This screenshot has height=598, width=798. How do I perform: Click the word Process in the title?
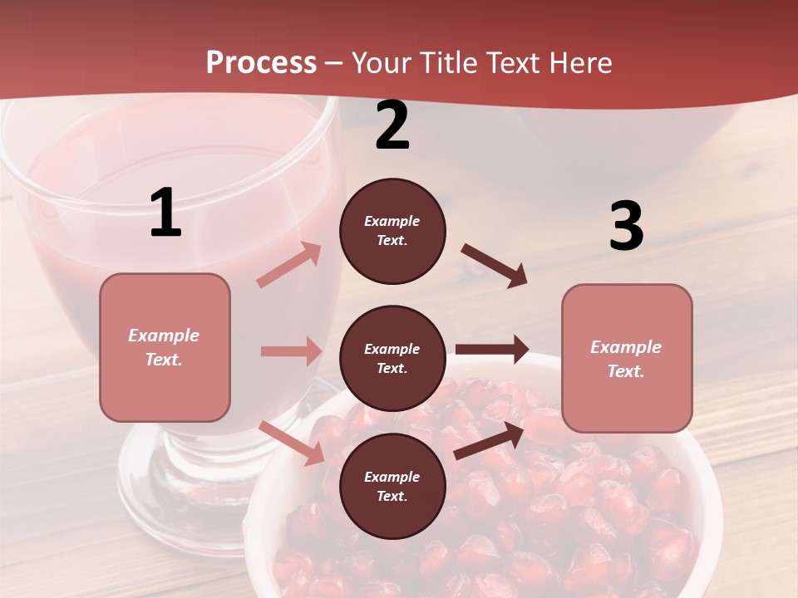[261, 62]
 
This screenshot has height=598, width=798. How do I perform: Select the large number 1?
[165, 213]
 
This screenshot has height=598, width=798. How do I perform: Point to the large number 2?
[392, 125]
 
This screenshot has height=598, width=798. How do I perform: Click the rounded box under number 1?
[165, 347]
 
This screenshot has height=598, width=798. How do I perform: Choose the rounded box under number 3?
[627, 358]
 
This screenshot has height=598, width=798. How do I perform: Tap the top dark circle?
[392, 231]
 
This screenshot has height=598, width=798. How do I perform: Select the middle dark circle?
[392, 358]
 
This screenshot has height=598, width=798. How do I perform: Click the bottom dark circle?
[392, 486]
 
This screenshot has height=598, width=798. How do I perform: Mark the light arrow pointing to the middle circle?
[291, 351]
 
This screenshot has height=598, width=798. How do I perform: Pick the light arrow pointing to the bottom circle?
[292, 443]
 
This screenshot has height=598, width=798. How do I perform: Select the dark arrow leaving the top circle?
[495, 266]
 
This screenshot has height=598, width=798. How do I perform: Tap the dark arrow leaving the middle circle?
[492, 350]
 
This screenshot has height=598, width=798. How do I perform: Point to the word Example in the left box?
[164, 336]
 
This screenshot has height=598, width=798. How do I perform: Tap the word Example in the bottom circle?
[392, 477]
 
